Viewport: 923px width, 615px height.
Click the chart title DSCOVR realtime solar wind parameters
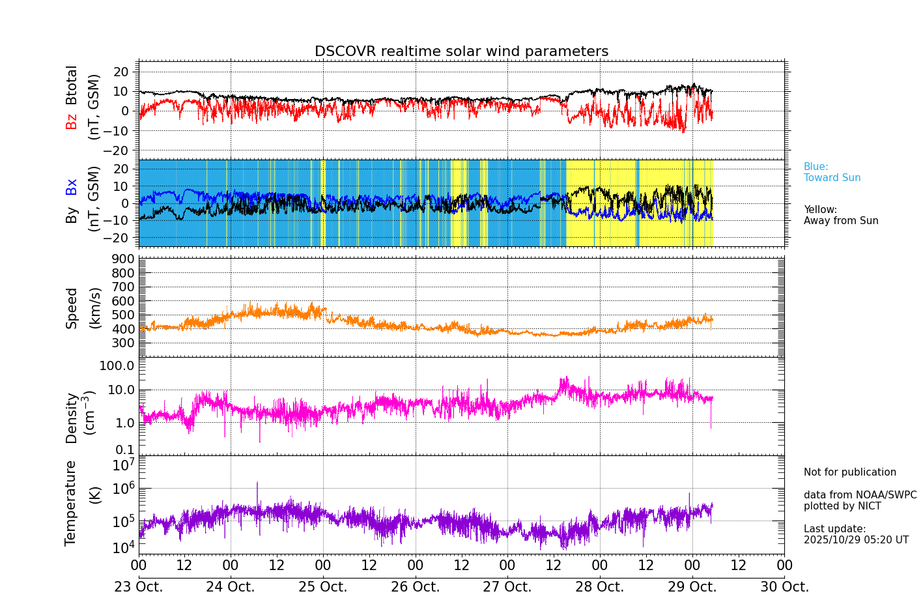(x=461, y=51)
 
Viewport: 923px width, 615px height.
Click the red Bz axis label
(x=72, y=121)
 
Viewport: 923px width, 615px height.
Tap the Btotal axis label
(x=72, y=85)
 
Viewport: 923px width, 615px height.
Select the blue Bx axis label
(x=72, y=187)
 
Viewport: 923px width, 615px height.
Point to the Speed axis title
(x=72, y=308)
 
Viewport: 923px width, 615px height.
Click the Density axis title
(x=72, y=418)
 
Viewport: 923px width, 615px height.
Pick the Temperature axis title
(x=70, y=503)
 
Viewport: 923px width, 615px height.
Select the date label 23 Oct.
(x=139, y=587)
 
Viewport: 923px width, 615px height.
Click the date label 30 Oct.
(x=784, y=587)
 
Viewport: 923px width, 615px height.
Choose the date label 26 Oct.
(x=416, y=587)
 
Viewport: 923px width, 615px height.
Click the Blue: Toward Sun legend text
(x=832, y=173)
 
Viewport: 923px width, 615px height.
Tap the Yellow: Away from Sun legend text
(x=840, y=216)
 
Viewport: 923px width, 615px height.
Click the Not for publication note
(x=849, y=472)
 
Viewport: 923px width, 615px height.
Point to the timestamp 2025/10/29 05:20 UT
(x=856, y=540)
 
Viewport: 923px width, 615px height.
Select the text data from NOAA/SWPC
(x=860, y=495)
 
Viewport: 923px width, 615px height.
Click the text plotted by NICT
(x=842, y=506)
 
